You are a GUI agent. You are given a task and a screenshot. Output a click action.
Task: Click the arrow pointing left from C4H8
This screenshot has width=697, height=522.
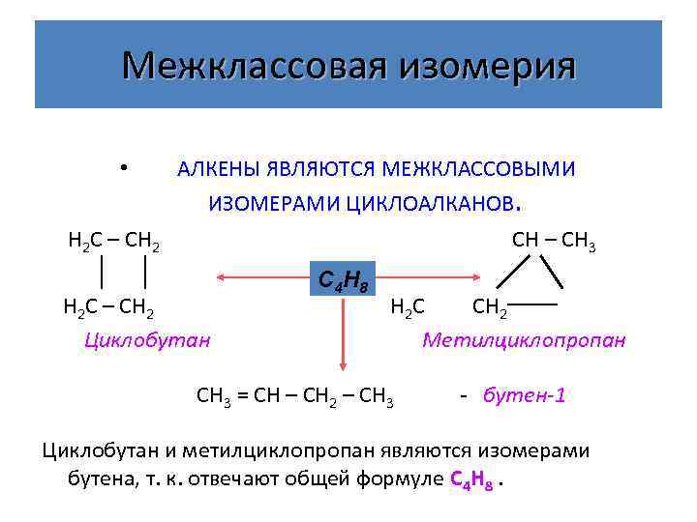tap(261, 278)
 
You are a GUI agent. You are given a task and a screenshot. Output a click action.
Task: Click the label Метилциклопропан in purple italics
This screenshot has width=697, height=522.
tap(524, 340)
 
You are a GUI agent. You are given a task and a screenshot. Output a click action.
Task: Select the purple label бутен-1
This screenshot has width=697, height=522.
tap(524, 395)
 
